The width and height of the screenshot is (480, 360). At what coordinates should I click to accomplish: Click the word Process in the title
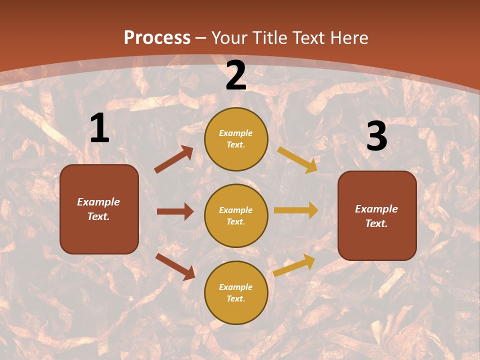pyautogui.click(x=157, y=38)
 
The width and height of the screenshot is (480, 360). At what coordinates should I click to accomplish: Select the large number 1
pyautogui.click(x=99, y=128)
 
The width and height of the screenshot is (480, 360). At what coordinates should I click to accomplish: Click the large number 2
pyautogui.click(x=236, y=76)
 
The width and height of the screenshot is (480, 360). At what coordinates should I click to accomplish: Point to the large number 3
pyautogui.click(x=376, y=136)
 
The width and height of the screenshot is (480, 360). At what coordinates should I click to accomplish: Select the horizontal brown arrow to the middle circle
pyautogui.click(x=175, y=211)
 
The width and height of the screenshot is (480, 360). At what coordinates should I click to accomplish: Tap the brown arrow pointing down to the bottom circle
pyautogui.click(x=175, y=266)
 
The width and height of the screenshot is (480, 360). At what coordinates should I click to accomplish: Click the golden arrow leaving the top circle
pyautogui.click(x=297, y=160)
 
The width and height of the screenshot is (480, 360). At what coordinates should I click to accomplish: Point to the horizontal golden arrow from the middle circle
pyautogui.click(x=296, y=210)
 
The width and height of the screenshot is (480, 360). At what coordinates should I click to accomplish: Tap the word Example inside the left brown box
pyautogui.click(x=98, y=202)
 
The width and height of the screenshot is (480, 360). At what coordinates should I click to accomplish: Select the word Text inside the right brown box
pyautogui.click(x=376, y=223)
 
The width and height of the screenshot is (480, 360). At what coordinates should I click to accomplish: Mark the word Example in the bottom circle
pyautogui.click(x=235, y=287)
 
